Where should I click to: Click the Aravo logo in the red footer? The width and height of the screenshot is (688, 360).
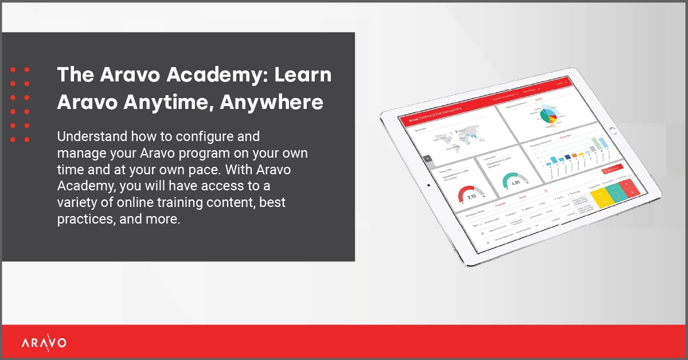44,343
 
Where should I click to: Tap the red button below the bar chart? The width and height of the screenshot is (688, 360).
612,170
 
